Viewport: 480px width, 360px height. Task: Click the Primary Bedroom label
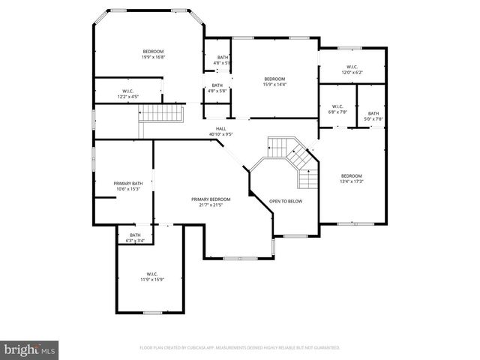click(x=211, y=199)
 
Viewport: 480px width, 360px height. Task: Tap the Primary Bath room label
click(x=128, y=184)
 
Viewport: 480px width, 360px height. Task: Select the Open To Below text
click(x=286, y=201)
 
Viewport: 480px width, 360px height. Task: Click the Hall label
click(x=221, y=129)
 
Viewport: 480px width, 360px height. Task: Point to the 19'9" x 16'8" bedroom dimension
click(x=153, y=57)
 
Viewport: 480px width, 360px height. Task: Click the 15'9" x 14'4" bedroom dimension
click(x=274, y=85)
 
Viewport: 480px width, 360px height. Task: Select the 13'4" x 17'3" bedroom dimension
click(x=352, y=181)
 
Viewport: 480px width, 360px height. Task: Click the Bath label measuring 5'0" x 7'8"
click(x=373, y=113)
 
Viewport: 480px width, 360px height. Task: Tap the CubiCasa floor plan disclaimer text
click(x=240, y=348)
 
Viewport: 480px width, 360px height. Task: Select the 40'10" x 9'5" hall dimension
click(x=221, y=135)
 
